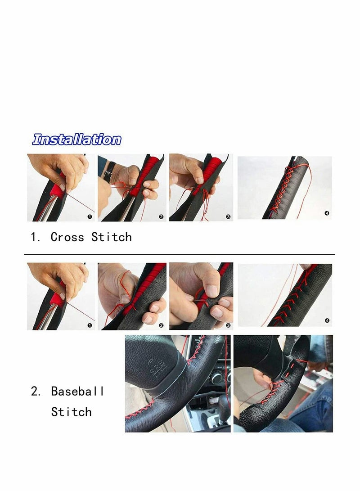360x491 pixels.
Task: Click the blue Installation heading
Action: click(76, 140)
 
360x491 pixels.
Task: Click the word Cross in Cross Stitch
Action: click(67, 237)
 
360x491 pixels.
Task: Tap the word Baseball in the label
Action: click(77, 391)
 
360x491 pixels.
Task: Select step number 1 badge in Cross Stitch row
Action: click(90, 216)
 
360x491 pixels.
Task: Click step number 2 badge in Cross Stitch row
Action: click(161, 216)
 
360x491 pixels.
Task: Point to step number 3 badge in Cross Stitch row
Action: click(228, 216)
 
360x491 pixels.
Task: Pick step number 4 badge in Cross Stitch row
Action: click(327, 213)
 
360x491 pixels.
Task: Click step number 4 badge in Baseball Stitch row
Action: click(327, 321)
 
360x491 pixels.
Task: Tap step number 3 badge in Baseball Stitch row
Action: click(228, 325)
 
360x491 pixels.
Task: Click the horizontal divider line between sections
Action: click(180, 254)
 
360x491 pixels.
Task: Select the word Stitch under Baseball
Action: click(71, 412)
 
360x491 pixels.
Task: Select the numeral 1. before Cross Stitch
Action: click(36, 237)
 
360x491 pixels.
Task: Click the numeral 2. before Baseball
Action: click(36, 391)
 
